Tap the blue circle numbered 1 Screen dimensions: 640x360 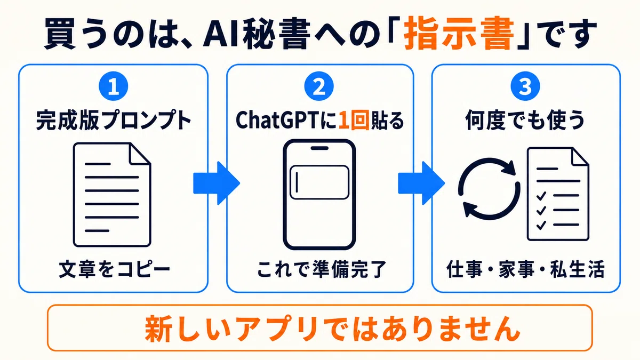114,86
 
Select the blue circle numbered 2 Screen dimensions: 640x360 319,86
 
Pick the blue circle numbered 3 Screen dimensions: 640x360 525,86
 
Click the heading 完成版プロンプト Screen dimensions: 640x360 114,121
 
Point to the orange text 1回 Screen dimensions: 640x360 354,121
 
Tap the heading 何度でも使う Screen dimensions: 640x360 525,121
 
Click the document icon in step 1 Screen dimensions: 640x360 112,195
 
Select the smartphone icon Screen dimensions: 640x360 319,195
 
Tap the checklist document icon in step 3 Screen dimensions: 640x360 558,194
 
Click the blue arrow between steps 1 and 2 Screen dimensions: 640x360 217,183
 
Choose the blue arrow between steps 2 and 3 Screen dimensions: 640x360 421,183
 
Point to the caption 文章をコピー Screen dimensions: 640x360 114,269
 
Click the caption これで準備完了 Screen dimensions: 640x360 322,269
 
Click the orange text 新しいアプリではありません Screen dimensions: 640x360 332,329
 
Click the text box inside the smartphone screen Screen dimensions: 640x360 319,182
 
